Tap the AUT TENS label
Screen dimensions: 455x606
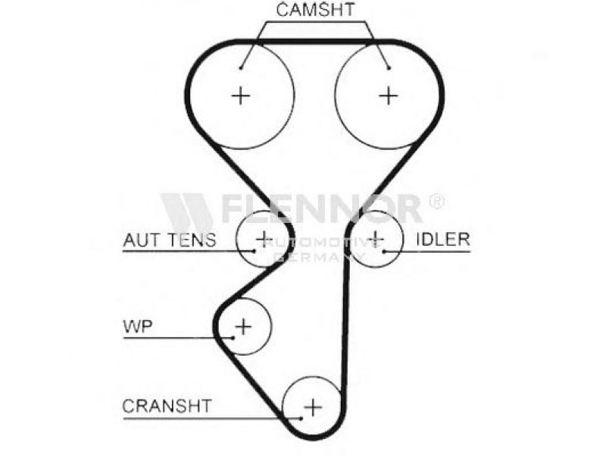(169, 240)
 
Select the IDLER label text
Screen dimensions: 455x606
(442, 240)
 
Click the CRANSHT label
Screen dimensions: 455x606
(167, 406)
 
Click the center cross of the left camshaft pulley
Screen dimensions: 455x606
(240, 95)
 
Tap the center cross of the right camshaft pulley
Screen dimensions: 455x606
(389, 95)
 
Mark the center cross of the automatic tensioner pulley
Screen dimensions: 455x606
(263, 238)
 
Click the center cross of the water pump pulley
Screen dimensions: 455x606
(242, 327)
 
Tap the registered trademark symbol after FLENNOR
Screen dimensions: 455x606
(437, 202)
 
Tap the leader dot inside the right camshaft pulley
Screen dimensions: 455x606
(388, 67)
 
